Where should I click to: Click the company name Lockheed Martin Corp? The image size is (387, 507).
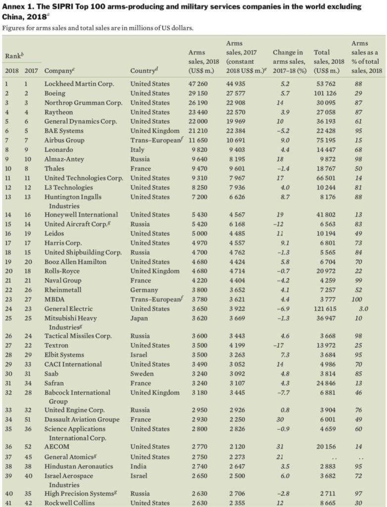74,84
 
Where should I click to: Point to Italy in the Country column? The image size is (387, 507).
138,150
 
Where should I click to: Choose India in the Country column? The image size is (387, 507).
139,466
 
